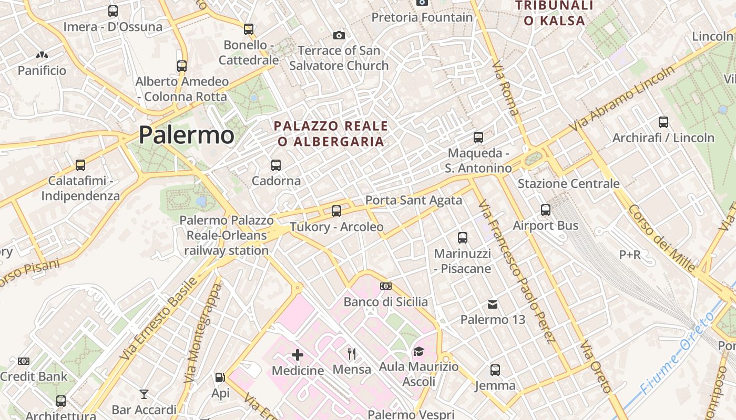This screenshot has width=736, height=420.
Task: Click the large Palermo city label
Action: click(x=186, y=135)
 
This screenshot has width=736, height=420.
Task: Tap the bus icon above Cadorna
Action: click(x=276, y=165)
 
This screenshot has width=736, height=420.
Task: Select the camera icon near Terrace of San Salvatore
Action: click(x=339, y=35)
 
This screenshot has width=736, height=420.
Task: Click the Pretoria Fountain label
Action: click(x=422, y=17)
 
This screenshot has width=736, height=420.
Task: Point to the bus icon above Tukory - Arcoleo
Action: click(x=336, y=211)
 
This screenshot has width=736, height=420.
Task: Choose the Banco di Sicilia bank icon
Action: click(x=386, y=286)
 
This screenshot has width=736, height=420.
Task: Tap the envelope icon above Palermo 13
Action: click(x=493, y=304)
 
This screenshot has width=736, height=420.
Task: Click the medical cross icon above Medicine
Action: click(x=298, y=355)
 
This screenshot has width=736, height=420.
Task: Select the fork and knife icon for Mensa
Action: click(x=352, y=354)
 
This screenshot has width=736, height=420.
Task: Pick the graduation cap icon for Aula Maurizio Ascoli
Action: click(x=418, y=351)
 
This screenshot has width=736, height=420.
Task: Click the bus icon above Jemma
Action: click(x=495, y=370)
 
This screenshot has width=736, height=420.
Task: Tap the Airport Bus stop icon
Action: click(x=546, y=210)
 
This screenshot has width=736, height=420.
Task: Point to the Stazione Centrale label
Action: click(x=568, y=184)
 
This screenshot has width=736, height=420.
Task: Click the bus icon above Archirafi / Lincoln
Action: click(x=663, y=122)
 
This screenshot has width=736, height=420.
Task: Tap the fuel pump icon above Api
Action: click(x=220, y=377)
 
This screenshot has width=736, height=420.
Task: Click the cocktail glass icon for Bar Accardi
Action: click(x=144, y=394)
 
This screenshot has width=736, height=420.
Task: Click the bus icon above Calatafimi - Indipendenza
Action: click(x=80, y=165)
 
